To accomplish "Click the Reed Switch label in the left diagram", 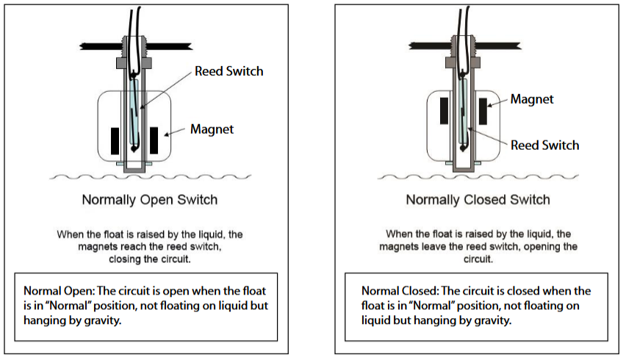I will click(x=229, y=71).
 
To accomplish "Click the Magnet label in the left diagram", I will click(x=212, y=129).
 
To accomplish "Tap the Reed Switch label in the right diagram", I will click(x=544, y=145).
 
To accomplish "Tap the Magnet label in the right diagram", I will click(x=532, y=99).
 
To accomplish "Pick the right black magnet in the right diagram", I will click(x=483, y=111).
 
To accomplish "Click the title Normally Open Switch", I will click(x=149, y=200).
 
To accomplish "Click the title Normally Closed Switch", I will click(x=478, y=200).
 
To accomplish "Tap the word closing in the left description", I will click(x=124, y=259).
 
